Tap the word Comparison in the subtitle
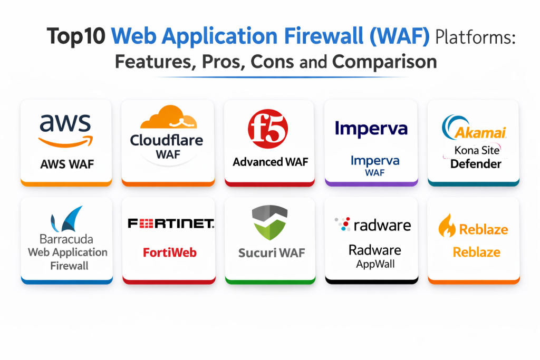[x=384, y=62]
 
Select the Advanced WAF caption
[x=271, y=162]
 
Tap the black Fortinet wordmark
[x=171, y=224]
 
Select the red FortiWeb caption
[x=170, y=252]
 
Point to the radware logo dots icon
[x=343, y=224]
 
